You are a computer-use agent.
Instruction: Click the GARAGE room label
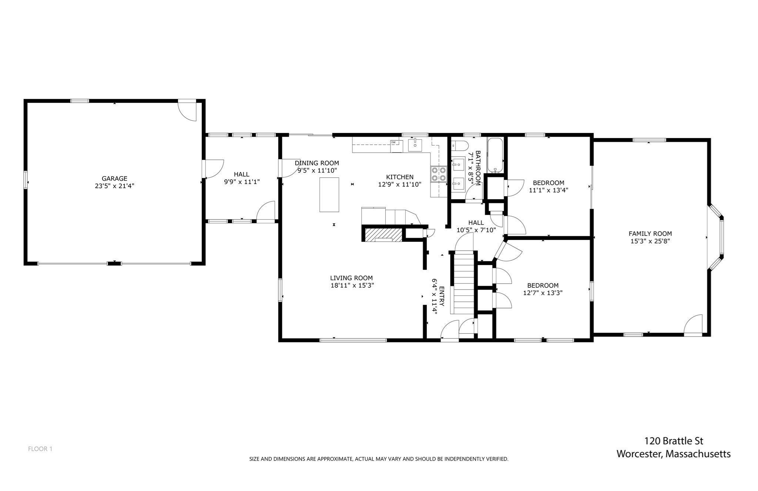[x=114, y=178]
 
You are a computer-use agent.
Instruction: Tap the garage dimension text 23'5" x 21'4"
[x=114, y=186]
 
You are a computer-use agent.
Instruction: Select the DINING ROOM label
[x=317, y=163]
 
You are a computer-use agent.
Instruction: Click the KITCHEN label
[x=400, y=177]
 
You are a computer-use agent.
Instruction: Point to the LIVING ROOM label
[x=351, y=278]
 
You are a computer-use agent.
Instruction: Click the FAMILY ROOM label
[x=650, y=234]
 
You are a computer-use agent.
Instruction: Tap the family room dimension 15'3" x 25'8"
[x=650, y=241]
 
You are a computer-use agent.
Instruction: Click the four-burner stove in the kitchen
[x=439, y=174]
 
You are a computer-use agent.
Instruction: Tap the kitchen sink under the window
[x=415, y=145]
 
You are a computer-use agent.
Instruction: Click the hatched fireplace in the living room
[x=383, y=235]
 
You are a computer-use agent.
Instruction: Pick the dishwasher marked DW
[x=396, y=146]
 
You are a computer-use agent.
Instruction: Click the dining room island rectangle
[x=329, y=194]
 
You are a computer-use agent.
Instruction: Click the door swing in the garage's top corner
[x=187, y=111]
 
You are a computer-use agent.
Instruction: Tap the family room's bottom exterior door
[x=693, y=325]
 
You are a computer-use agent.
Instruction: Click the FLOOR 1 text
[x=40, y=449]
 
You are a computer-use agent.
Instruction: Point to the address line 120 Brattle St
[x=674, y=441]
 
